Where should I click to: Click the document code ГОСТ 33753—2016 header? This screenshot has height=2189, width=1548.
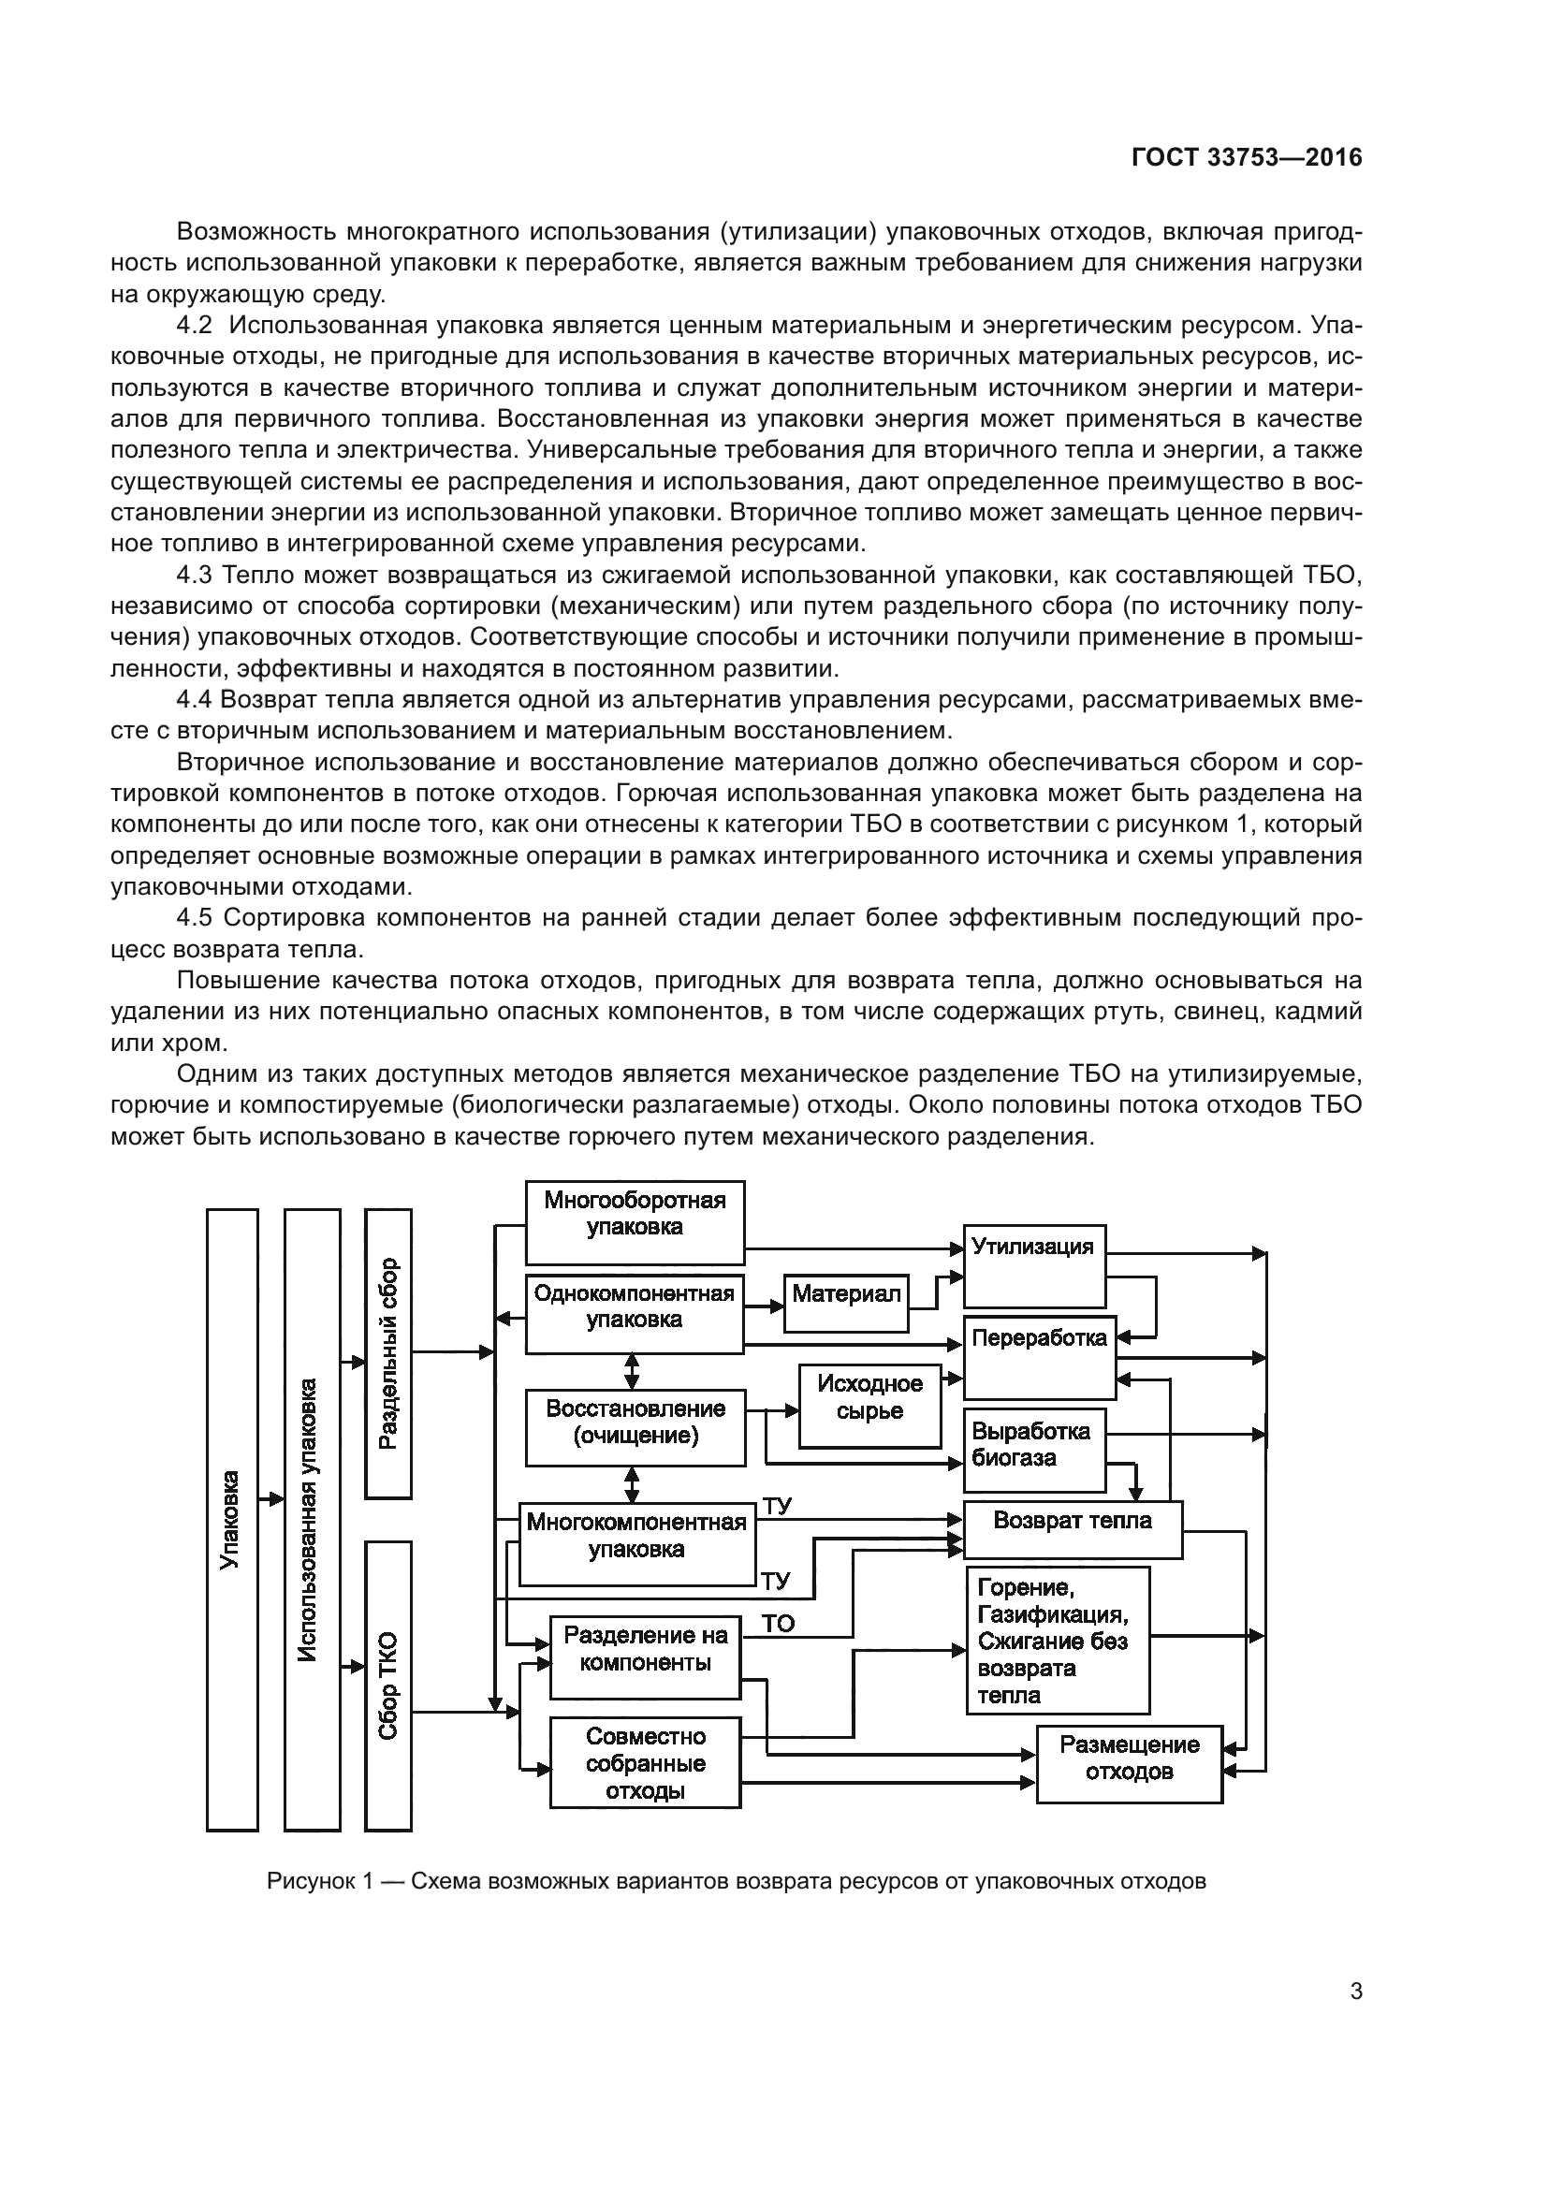pyautogui.click(x=1247, y=158)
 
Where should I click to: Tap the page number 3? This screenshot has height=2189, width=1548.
pyautogui.click(x=1356, y=1992)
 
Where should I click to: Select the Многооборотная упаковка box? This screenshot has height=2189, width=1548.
pyautogui.click(x=635, y=1222)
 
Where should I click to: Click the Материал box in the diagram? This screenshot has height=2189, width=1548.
pyautogui.click(x=846, y=1304)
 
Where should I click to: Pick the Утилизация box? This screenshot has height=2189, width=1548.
pyautogui.click(x=1034, y=1265)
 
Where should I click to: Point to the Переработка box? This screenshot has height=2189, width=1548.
pyautogui.click(x=1039, y=1357)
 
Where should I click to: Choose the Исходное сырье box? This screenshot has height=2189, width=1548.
pyautogui.click(x=869, y=1407)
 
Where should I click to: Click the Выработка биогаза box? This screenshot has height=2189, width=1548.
pyautogui.click(x=1034, y=1449)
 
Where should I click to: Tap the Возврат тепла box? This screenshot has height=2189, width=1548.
pyautogui.click(x=1073, y=1529)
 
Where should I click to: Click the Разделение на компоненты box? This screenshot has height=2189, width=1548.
pyautogui.click(x=646, y=1657)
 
